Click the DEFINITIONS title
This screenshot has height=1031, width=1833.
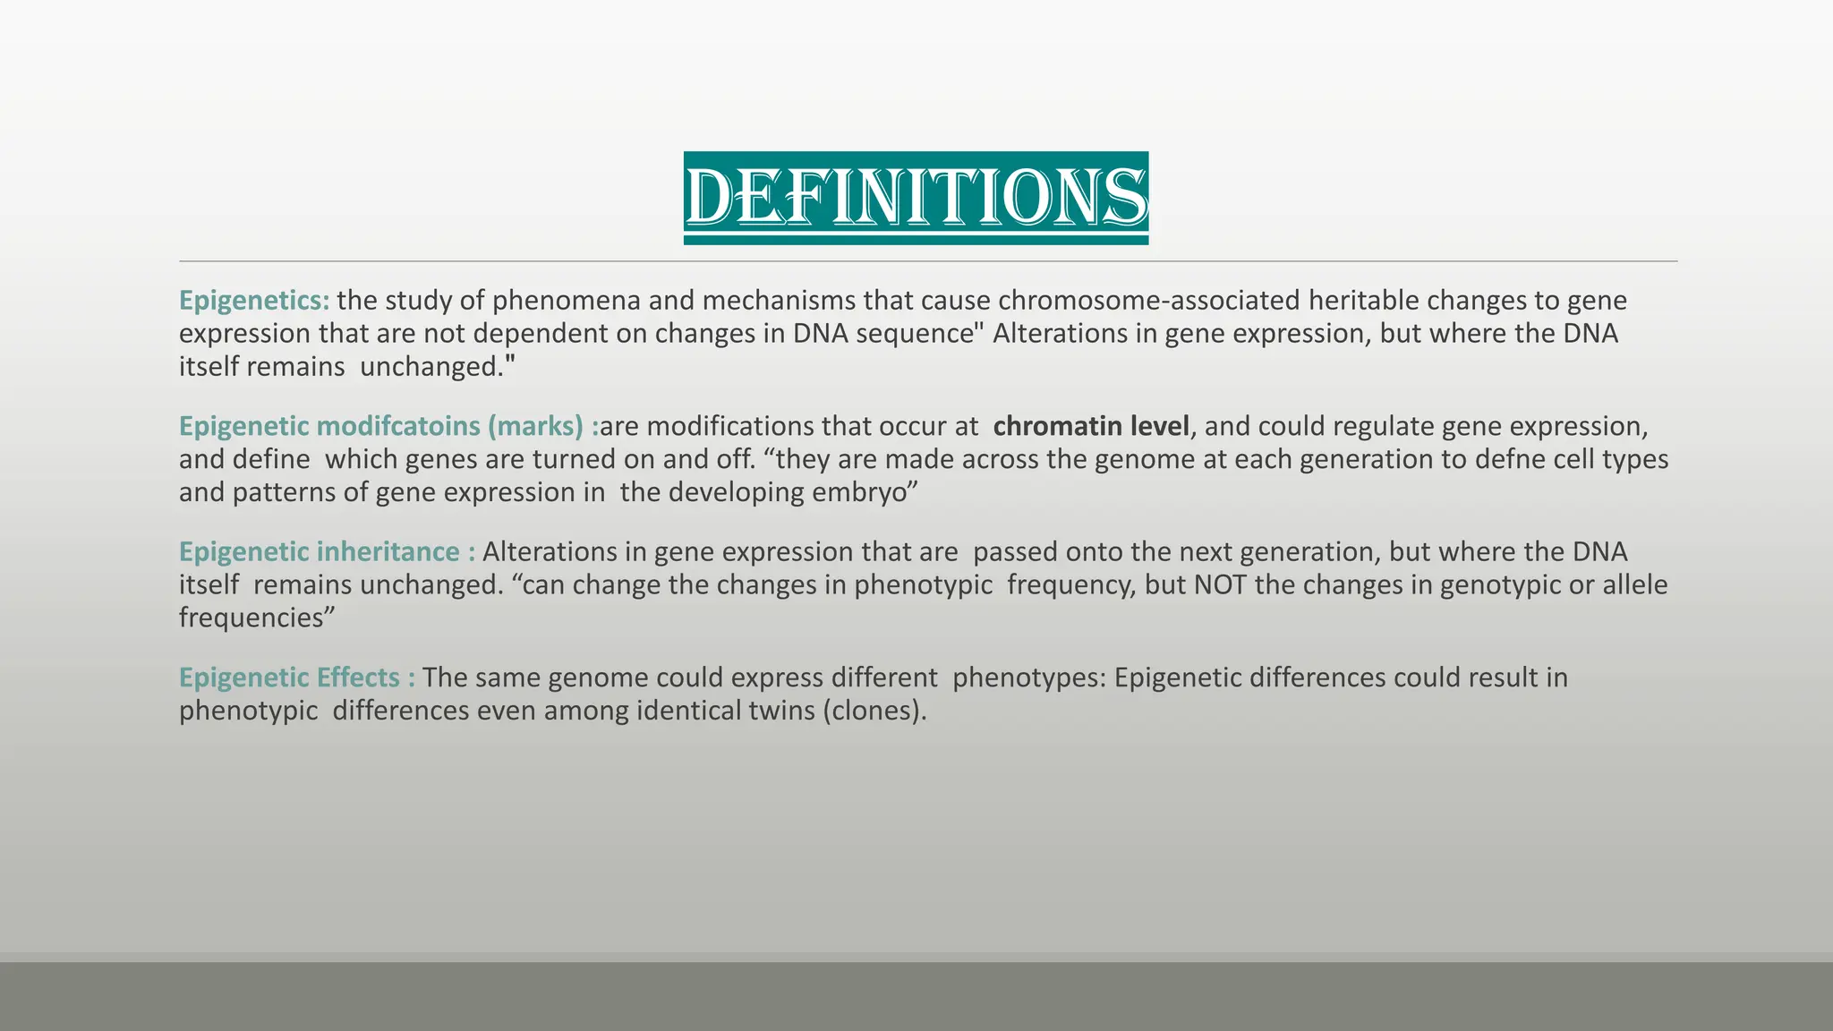tap(916, 197)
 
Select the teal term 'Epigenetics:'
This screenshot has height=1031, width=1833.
tap(254, 301)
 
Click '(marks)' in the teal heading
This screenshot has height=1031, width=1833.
tap(536, 426)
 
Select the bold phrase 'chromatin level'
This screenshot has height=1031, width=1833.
tap(1091, 426)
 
